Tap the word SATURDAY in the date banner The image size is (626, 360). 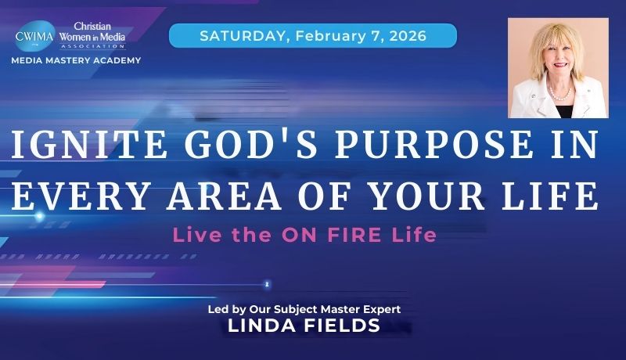point(232,35)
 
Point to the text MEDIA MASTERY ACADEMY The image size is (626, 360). point(77,60)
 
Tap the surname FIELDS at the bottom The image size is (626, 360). point(342,326)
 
